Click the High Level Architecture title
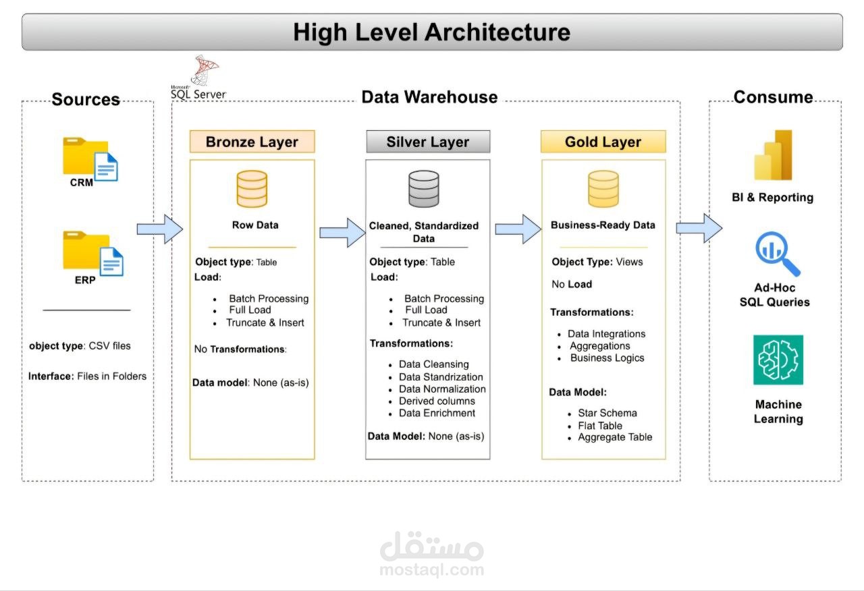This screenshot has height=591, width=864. tap(432, 32)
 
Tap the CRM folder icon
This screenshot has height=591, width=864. tap(90, 159)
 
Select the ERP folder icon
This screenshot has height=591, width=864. tap(93, 253)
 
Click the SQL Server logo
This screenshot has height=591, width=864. tap(200, 80)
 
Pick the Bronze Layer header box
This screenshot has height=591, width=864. tap(252, 142)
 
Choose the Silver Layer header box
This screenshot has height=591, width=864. tap(428, 142)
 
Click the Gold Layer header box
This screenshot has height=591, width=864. tap(603, 142)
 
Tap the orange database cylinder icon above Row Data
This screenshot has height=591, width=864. tap(252, 189)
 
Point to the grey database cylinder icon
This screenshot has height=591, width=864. tap(424, 189)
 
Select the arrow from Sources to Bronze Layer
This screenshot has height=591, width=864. tap(160, 229)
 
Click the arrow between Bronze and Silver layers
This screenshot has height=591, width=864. tap(342, 232)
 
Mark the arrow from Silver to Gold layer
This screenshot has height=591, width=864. tap(518, 229)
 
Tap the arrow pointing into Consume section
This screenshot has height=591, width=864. tap(699, 228)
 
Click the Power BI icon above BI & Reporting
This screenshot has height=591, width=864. tap(773, 155)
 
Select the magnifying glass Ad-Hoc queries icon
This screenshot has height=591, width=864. tap(776, 253)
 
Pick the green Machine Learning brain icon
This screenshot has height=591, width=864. tap(778, 360)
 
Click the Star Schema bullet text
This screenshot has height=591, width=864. tap(607, 413)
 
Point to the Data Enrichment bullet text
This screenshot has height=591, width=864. tap(437, 413)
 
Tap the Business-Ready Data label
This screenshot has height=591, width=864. tap(603, 225)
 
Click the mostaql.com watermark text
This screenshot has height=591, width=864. tap(432, 570)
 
